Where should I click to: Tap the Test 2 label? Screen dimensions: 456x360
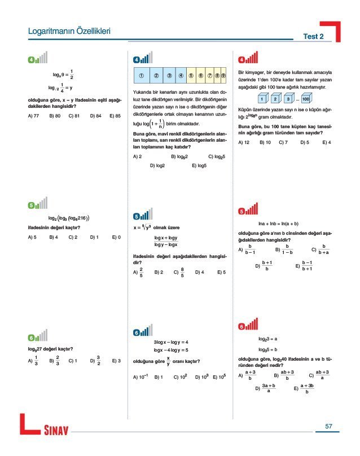tap(313, 36)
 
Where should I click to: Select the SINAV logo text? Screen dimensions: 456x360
tap(56, 432)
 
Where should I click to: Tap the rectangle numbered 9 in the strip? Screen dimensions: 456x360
tap(223, 74)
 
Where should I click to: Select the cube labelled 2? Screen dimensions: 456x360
tap(275, 99)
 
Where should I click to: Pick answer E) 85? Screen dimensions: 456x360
tap(115, 116)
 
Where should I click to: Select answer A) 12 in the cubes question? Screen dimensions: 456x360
tap(244, 142)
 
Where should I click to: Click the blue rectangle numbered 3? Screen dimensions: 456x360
tap(169, 74)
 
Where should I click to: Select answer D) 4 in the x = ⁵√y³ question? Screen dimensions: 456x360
tap(199, 272)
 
